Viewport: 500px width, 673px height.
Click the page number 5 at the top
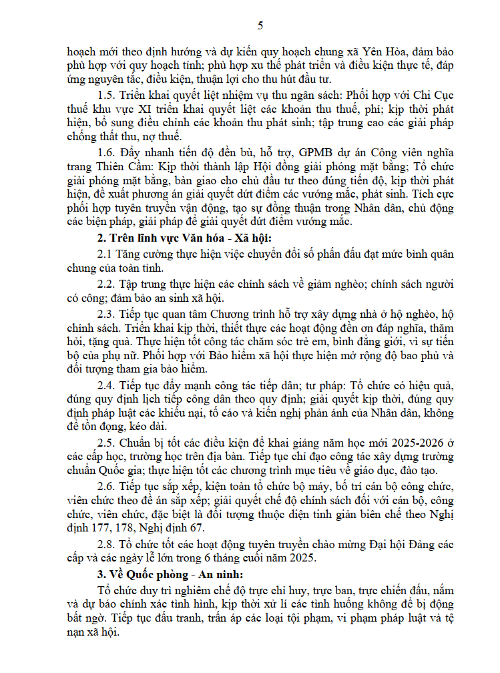pos(260,26)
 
